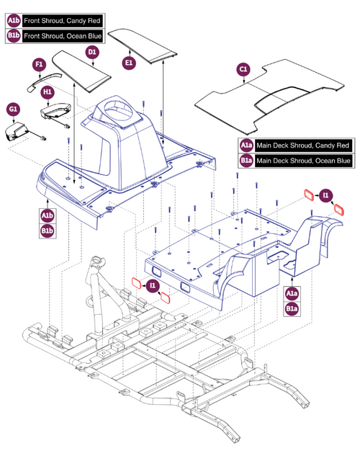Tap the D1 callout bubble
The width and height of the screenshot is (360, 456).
tap(91, 52)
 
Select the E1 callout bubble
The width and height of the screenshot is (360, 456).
tap(130, 63)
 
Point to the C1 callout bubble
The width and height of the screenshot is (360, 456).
tap(243, 70)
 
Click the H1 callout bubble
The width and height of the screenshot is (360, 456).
tap(48, 93)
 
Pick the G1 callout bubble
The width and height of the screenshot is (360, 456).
tap(12, 109)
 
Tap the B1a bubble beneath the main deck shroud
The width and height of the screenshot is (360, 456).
tap(292, 309)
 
